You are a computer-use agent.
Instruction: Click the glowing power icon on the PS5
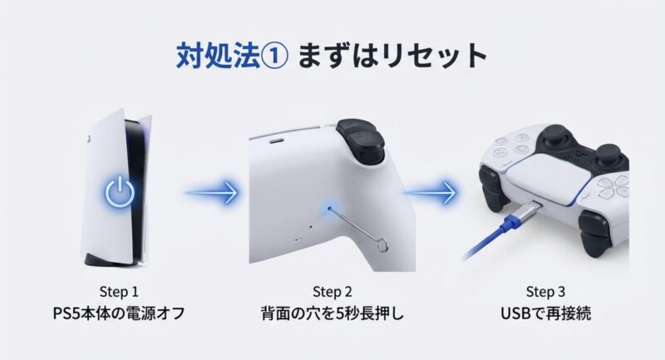[120, 192]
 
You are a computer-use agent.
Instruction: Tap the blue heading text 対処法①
[233, 56]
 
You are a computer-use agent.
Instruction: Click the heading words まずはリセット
[392, 56]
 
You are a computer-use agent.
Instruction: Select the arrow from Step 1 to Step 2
[211, 193]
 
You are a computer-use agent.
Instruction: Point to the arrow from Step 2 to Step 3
[430, 193]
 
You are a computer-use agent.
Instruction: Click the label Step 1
[119, 292]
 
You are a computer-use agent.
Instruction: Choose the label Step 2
[332, 292]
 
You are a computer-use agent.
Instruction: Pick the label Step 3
[545, 292]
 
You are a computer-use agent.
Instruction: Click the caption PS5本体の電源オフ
[119, 313]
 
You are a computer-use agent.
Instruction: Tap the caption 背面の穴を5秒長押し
[332, 313]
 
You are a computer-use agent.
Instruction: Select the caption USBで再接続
[546, 313]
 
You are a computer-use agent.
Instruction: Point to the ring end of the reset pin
[383, 246]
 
